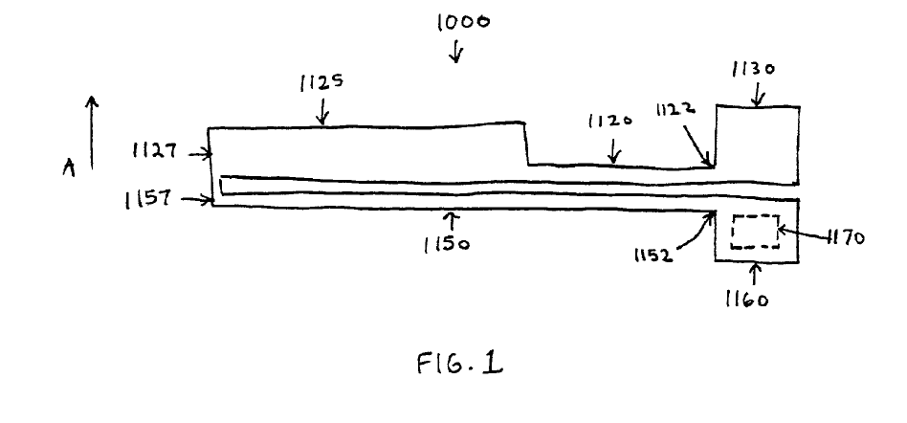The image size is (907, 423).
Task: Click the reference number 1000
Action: click(463, 22)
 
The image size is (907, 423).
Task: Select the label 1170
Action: click(843, 238)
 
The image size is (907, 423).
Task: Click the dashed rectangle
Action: click(755, 233)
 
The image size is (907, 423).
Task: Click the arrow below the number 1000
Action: click(456, 53)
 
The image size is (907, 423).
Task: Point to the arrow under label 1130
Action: click(759, 94)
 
